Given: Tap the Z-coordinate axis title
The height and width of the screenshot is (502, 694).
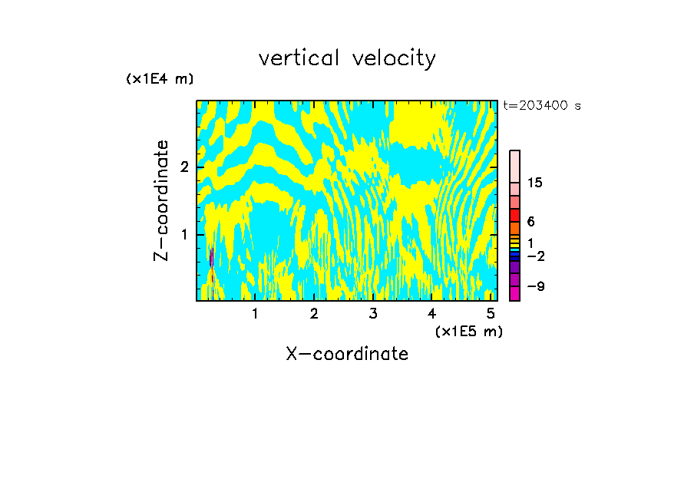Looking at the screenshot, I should coord(161,200).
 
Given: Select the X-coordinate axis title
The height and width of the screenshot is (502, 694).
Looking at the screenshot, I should coord(347,354).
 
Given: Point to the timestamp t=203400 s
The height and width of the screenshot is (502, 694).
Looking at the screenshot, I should coord(542,106).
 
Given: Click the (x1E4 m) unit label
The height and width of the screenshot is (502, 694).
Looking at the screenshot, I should coord(160,78).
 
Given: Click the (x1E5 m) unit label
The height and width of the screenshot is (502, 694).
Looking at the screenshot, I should coord(468,331).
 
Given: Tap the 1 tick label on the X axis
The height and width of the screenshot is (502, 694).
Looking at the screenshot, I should coord(255,314).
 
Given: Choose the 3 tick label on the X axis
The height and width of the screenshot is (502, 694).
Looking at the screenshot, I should coord(373,314).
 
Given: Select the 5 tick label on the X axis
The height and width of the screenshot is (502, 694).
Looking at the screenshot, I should coord(491,314).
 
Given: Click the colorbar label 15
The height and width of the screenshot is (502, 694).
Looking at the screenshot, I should coord(535,183).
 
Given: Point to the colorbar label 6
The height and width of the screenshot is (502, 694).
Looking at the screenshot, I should coord(530,221).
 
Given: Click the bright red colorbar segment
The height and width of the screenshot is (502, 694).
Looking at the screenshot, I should coord(515,216).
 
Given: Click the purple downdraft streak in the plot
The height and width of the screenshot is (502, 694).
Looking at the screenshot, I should coord(211,258).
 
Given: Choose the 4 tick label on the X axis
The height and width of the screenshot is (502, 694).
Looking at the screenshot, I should coord(431,314).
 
